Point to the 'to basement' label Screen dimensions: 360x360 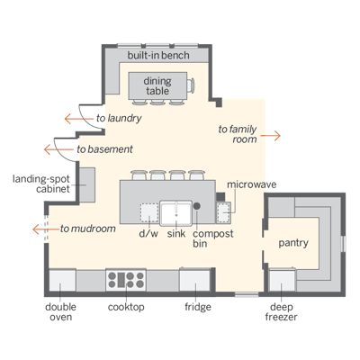(x=105, y=148)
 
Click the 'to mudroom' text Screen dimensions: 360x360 (x=89, y=229)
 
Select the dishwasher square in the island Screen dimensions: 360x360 (x=148, y=212)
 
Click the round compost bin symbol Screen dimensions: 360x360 (x=199, y=206)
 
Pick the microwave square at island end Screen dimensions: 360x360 (x=222, y=211)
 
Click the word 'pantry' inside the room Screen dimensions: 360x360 (x=293, y=243)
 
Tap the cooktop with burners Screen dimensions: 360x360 (x=125, y=277)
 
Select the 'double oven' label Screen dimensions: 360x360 (x=61, y=311)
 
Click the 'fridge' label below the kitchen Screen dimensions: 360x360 (x=197, y=307)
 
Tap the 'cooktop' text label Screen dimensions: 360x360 (x=126, y=307)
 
